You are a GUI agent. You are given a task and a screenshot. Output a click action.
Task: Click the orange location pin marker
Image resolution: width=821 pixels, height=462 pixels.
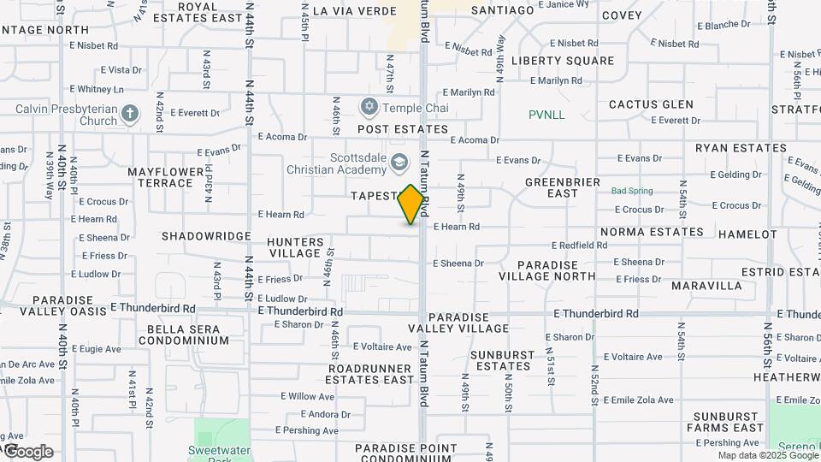point(411,204)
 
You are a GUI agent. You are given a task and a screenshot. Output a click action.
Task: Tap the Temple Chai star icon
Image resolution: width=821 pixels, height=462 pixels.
point(369,108)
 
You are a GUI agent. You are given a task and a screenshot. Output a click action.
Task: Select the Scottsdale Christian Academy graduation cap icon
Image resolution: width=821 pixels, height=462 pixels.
point(399,163)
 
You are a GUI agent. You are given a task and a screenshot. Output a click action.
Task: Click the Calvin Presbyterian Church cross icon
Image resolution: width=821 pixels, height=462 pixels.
point(129,114)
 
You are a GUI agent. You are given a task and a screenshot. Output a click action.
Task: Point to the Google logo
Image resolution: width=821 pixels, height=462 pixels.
point(27,451)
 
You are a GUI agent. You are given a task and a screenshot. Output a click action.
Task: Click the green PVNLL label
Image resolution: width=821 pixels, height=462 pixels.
point(546,115)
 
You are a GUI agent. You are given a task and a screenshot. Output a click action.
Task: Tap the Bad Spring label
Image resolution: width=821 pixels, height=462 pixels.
point(632,191)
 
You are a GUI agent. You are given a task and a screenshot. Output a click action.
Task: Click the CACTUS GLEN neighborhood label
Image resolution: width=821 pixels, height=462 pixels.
point(651,104)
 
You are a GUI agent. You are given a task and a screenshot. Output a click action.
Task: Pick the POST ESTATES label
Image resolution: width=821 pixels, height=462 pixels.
point(402,129)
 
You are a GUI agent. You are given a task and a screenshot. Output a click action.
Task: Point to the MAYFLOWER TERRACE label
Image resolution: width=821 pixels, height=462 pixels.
point(160,177)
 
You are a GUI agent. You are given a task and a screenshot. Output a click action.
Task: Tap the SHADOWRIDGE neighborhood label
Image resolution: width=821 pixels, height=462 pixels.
point(206,235)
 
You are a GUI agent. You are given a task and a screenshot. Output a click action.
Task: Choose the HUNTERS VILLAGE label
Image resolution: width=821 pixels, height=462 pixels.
point(296,248)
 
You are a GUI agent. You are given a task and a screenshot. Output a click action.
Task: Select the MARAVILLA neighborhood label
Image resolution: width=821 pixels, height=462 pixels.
point(706,285)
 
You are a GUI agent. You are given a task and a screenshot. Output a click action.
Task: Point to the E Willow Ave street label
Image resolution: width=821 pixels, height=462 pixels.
point(307,396)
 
